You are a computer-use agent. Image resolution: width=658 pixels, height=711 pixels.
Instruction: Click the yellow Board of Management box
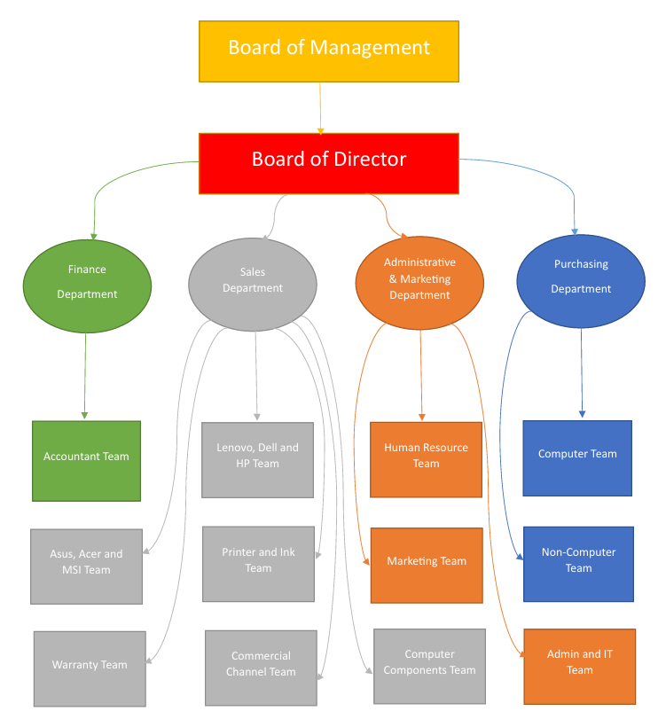click(328, 51)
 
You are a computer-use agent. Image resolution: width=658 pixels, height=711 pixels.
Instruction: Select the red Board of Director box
click(328, 163)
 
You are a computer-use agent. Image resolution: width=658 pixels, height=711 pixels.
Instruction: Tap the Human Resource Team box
click(426, 459)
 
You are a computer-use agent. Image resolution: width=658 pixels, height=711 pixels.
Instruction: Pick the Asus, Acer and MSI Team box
click(86, 566)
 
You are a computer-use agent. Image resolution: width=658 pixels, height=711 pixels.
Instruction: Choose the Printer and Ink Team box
click(258, 564)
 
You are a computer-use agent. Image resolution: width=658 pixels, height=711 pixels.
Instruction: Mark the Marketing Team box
click(427, 565)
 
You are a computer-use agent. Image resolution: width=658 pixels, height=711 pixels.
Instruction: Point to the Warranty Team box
click(90, 668)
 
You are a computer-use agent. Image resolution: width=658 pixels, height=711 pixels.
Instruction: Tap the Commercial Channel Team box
click(261, 668)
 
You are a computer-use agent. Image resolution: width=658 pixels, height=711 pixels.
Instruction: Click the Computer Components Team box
click(429, 666)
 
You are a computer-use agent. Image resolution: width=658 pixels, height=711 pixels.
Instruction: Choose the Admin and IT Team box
click(580, 666)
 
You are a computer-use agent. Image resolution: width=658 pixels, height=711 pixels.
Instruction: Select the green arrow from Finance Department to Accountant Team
click(85, 372)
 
